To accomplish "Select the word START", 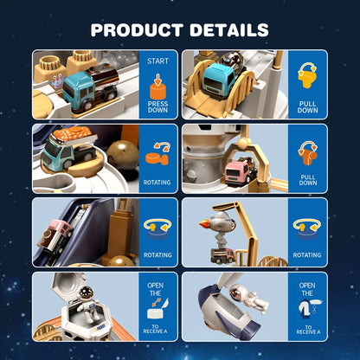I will pyautogui.click(x=158, y=61).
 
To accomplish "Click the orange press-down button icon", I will pyautogui.click(x=157, y=86).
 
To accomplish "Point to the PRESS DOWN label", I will pyautogui.click(x=158, y=108).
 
